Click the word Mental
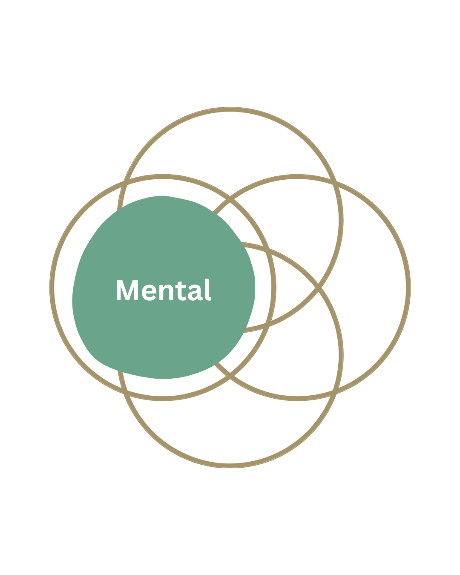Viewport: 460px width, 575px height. pyautogui.click(x=164, y=290)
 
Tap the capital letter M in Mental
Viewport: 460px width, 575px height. pyautogui.click(x=127, y=290)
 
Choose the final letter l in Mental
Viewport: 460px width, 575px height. pyautogui.click(x=208, y=290)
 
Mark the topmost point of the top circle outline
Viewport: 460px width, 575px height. pyautogui.click(x=230, y=109)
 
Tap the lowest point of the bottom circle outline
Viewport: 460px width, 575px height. pyautogui.click(x=230, y=466)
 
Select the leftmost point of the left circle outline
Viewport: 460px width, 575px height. pyautogui.click(x=52, y=287)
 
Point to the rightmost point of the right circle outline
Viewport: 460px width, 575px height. pyautogui.click(x=408, y=287)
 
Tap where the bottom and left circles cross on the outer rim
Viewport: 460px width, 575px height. pyautogui.click(x=125, y=394)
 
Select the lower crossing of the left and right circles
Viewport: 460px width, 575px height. pyautogui.click(x=230, y=376)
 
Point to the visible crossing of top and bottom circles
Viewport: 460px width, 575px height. pyautogui.click(x=319, y=287)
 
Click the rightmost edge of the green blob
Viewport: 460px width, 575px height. pyautogui.click(x=255, y=287)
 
